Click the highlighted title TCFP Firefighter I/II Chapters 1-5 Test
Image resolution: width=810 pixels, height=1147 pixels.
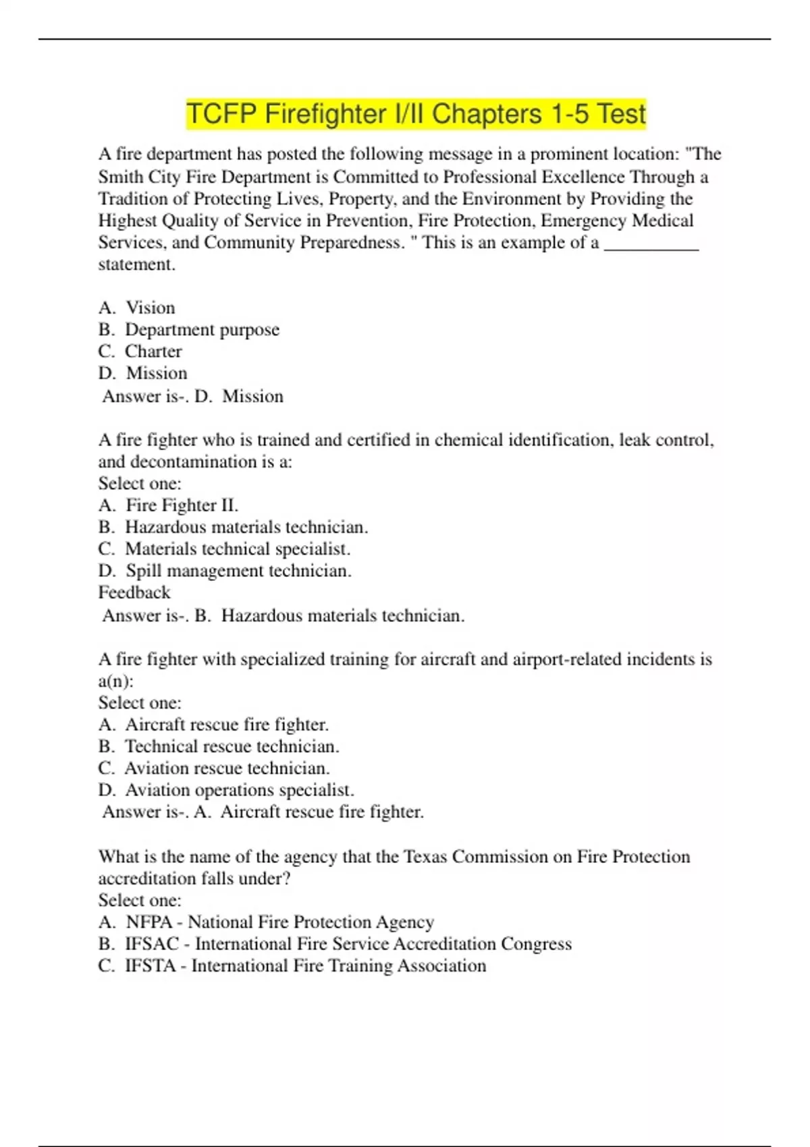click(x=416, y=114)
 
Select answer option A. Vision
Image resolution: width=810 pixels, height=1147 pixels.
click(x=137, y=308)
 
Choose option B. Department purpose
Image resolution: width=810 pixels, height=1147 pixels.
click(x=189, y=330)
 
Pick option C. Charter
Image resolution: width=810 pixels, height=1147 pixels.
click(x=140, y=352)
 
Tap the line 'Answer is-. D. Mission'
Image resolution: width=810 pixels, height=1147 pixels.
click(x=192, y=396)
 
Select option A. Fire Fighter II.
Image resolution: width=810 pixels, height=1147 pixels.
click(x=169, y=505)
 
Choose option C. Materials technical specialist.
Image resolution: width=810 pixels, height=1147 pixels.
click(x=224, y=549)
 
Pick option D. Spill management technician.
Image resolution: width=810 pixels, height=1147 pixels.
click(x=225, y=571)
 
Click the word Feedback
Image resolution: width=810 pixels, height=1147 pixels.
click(x=134, y=592)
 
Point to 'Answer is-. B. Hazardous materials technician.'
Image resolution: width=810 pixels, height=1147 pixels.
click(x=283, y=615)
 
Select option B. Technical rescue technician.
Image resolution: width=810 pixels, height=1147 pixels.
click(x=219, y=746)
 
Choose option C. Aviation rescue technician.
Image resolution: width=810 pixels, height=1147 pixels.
click(x=214, y=768)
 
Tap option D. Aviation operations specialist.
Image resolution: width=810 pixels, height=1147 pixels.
click(x=226, y=790)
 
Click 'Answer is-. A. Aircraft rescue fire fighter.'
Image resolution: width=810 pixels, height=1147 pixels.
click(x=263, y=812)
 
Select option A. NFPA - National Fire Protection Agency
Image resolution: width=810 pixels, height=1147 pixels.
click(x=266, y=922)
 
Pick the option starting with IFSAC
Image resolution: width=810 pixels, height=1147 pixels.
click(x=335, y=944)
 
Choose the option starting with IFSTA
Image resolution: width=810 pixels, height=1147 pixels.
click(x=292, y=966)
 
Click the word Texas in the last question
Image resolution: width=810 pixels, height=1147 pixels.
click(x=426, y=857)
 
